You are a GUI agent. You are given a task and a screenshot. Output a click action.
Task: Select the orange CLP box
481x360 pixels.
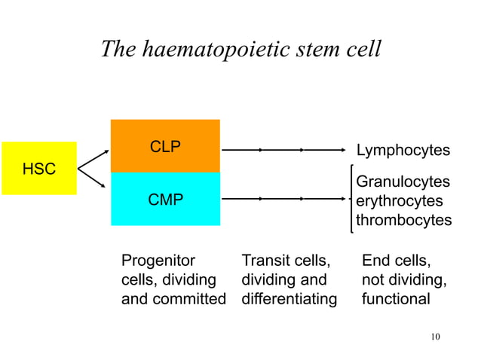pyautogui.click(x=165, y=146)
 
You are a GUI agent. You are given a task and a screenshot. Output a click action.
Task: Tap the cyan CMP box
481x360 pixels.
pyautogui.click(x=165, y=200)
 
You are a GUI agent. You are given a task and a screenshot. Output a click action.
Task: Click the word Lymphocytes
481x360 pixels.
pyautogui.click(x=403, y=151)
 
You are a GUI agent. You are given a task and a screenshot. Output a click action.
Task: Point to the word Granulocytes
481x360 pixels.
pyautogui.click(x=403, y=182)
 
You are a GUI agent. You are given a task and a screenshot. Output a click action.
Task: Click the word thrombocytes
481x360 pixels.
pyautogui.click(x=403, y=221)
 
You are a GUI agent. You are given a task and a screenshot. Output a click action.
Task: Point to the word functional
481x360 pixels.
pyautogui.click(x=396, y=299)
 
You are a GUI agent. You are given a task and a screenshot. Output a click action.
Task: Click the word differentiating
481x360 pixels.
pyautogui.click(x=289, y=299)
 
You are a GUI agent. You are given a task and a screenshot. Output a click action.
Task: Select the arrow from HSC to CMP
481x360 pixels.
pyautogui.click(x=93, y=181)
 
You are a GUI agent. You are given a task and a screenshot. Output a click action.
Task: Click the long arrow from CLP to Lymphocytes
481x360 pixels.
pyautogui.click(x=286, y=150)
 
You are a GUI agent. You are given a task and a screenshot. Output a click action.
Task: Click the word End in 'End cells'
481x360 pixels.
pyautogui.click(x=376, y=261)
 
